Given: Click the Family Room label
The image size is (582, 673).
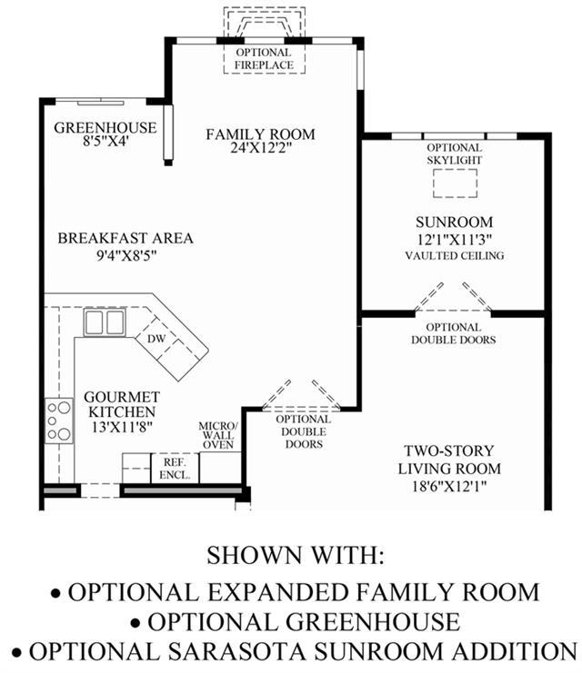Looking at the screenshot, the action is click(x=260, y=134).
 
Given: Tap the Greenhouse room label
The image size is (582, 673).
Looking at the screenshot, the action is click(x=105, y=127).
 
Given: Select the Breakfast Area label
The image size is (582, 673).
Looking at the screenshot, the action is click(x=125, y=238).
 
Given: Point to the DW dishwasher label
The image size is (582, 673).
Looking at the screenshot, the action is click(x=156, y=338).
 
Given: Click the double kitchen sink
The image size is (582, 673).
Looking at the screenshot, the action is click(x=105, y=322).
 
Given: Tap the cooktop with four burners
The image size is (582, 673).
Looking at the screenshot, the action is click(x=59, y=421).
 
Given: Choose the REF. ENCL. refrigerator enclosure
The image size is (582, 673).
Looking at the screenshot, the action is click(x=175, y=469).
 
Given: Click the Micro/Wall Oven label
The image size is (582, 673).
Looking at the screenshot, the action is click(x=218, y=435).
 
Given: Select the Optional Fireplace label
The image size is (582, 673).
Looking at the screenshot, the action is click(x=264, y=59).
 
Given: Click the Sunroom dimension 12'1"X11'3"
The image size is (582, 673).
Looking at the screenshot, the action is click(x=455, y=239).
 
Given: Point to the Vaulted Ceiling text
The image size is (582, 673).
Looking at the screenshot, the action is click(x=455, y=255).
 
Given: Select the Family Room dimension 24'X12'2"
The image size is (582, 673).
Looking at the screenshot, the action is click(x=261, y=148).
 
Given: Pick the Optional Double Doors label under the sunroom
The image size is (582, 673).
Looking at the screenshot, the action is click(x=454, y=333).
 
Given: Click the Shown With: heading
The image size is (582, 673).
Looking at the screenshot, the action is click(x=296, y=555).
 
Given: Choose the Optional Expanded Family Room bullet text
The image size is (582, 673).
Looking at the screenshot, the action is click(x=304, y=592).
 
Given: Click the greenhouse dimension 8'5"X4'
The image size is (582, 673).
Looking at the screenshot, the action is click(x=105, y=141).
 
